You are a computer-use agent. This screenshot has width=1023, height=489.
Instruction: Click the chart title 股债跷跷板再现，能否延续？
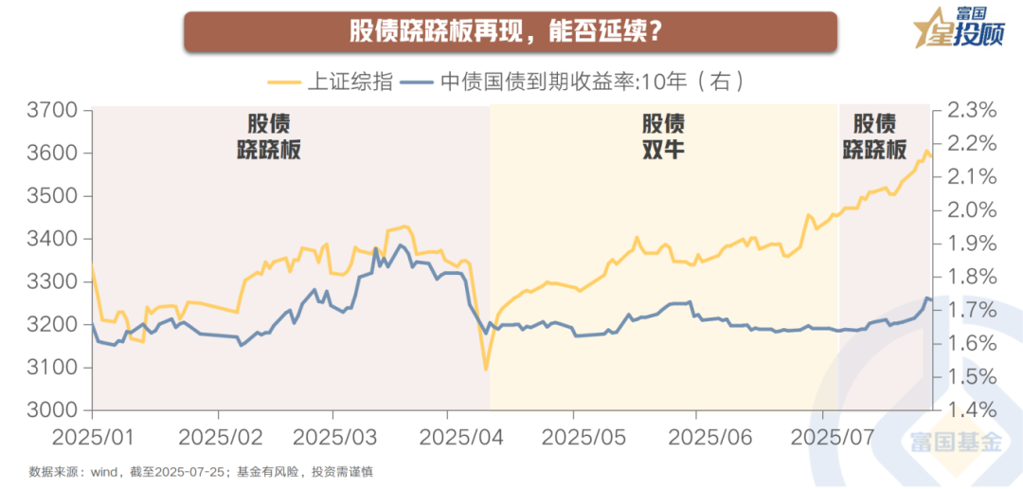point(511,32)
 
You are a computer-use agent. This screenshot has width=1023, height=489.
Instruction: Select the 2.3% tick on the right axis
point(971,111)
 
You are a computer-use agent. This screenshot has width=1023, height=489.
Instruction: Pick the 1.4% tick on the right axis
point(971,410)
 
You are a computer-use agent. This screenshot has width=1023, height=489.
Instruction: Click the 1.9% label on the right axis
point(971,244)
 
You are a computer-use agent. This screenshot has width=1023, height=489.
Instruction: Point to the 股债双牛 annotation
point(663,136)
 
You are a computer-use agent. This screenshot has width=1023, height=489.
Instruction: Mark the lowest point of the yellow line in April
point(485,370)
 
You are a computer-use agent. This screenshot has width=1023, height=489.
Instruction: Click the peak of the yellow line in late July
point(926,151)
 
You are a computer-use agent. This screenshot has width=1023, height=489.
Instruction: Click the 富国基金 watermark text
point(956,443)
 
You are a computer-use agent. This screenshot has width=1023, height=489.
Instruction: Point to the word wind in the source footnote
point(105,471)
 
